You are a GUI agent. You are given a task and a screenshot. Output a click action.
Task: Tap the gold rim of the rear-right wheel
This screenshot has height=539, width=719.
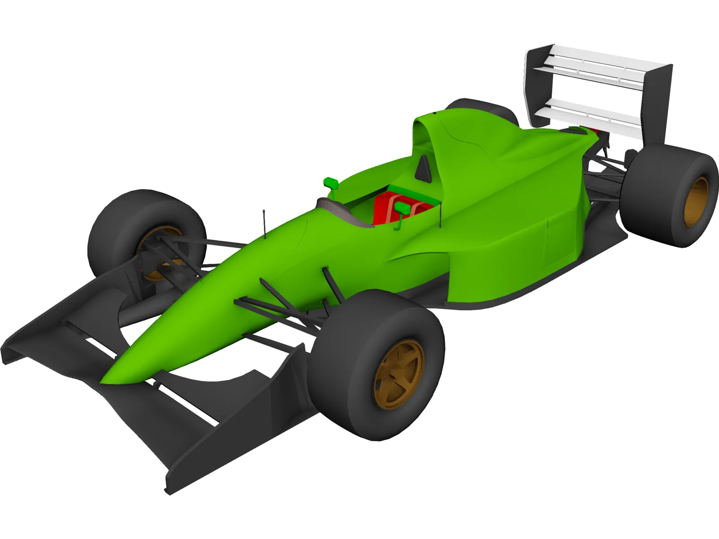[696, 202]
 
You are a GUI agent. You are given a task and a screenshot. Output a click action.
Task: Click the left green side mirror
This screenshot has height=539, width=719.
[331, 182]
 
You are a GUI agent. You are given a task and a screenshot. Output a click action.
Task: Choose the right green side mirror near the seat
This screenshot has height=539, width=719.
[401, 208]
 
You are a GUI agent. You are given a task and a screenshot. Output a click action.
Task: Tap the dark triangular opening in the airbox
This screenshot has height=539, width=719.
[423, 169]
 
